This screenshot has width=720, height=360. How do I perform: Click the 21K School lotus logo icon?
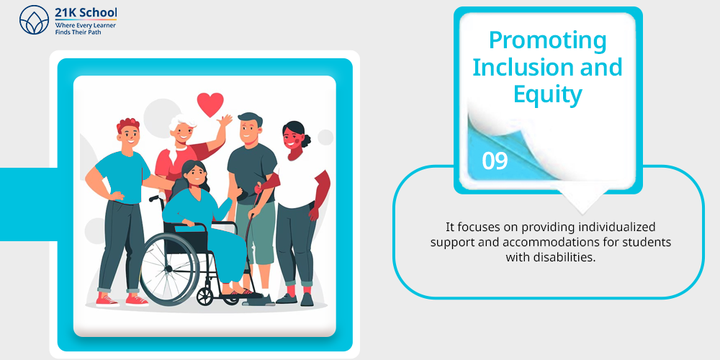[x=34, y=19]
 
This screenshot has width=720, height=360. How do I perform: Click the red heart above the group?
[x=210, y=104]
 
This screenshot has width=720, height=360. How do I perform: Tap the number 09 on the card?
[x=495, y=161]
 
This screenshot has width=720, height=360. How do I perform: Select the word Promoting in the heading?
[x=547, y=40]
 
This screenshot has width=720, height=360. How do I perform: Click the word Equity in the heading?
[x=547, y=94]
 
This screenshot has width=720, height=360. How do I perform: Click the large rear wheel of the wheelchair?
[x=169, y=268]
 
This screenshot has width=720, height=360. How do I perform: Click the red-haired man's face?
[x=130, y=134]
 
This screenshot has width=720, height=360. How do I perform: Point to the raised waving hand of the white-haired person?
[x=225, y=121]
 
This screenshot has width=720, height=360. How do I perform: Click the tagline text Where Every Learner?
[x=85, y=26]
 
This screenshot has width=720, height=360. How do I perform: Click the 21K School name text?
[x=86, y=13]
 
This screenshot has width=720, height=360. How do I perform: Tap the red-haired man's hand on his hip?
[x=116, y=196]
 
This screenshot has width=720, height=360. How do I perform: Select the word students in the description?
[x=650, y=242]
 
